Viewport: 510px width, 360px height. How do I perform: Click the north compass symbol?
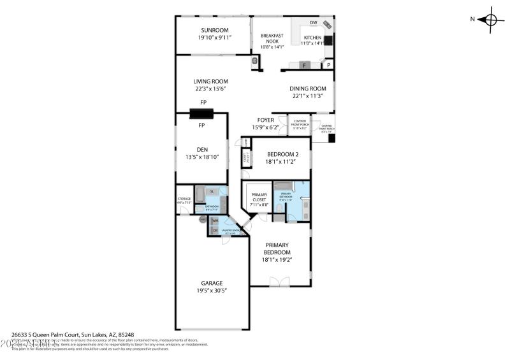pos(491,19)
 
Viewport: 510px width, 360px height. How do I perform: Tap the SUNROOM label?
pos(214,30)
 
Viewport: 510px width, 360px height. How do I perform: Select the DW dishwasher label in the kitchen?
pos(313,23)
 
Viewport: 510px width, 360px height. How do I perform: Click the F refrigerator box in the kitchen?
pos(305,65)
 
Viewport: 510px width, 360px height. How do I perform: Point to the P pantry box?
pos(329,65)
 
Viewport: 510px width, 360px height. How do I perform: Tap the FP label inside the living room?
pos(203,103)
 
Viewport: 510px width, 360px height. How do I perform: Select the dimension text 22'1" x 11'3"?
pos(308,96)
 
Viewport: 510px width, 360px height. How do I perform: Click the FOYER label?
pos(265,120)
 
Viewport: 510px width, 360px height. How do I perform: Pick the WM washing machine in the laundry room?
pos(215,220)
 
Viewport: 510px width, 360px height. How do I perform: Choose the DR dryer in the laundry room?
pos(215,230)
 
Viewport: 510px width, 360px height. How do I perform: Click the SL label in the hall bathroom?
pos(212,191)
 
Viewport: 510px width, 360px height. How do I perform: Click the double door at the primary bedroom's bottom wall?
pos(279,282)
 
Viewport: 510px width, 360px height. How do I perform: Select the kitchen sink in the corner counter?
pos(326,25)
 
